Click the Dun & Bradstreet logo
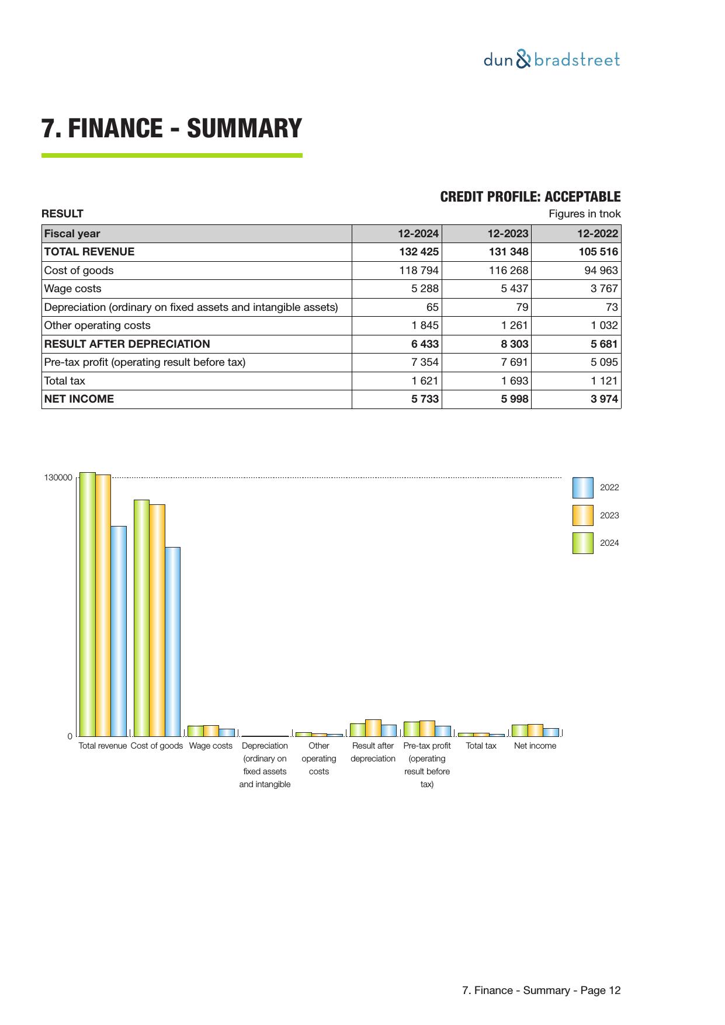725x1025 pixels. point(551,60)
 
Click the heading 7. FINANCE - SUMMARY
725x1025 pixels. point(172,129)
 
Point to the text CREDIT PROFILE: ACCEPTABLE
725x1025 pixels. point(530,197)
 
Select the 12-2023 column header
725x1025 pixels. point(507,234)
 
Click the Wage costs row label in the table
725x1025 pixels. point(73,289)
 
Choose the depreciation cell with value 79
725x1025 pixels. point(522,307)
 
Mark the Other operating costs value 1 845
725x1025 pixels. point(425,325)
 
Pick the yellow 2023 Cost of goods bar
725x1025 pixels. point(157,619)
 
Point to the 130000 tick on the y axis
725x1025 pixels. point(58,478)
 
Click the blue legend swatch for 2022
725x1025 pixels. point(582,487)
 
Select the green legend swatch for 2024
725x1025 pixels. point(582,543)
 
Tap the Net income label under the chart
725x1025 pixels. point(535,746)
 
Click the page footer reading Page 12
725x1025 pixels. point(541,991)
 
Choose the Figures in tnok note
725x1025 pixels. point(584,214)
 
